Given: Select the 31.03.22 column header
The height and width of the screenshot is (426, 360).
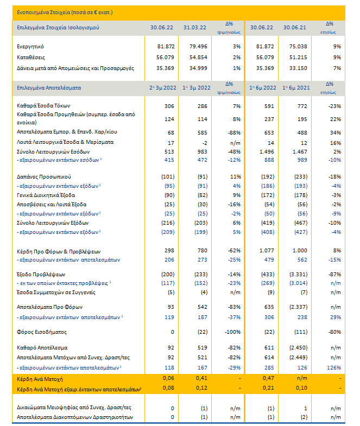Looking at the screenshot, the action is (x=195, y=28).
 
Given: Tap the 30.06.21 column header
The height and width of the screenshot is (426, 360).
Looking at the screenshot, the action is (x=294, y=28).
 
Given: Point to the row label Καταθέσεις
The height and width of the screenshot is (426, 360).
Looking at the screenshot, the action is (x=31, y=58).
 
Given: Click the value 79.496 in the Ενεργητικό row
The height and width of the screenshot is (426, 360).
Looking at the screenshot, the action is (x=198, y=47).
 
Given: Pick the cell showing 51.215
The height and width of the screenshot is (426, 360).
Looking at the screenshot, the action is (x=298, y=58).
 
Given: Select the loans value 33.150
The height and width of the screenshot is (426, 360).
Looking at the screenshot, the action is (x=298, y=68).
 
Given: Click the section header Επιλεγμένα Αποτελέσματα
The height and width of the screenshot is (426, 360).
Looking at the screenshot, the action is (x=49, y=88).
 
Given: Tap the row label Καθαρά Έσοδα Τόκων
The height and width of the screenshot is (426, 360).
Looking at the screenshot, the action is (x=43, y=106).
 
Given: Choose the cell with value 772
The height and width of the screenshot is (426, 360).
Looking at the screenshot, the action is (x=302, y=106).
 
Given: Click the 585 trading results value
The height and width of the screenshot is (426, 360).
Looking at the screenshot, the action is (x=203, y=133).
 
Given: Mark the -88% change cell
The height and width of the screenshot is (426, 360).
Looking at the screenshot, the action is (x=234, y=133).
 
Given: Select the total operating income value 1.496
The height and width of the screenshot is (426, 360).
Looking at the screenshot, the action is (x=267, y=152).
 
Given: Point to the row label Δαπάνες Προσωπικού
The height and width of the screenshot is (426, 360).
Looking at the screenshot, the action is (x=44, y=177).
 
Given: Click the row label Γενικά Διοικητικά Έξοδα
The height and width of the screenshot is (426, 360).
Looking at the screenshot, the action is (x=46, y=195).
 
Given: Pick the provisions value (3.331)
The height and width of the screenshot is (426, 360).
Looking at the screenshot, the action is (x=298, y=275).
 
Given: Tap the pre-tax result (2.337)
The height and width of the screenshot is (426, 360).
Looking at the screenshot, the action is (x=298, y=307).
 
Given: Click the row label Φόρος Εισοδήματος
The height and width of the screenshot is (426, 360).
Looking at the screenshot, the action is (x=42, y=332).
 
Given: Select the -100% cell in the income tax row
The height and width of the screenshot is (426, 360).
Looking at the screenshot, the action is (x=232, y=332).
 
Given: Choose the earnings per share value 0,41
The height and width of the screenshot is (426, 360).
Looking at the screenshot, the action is (x=201, y=378).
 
